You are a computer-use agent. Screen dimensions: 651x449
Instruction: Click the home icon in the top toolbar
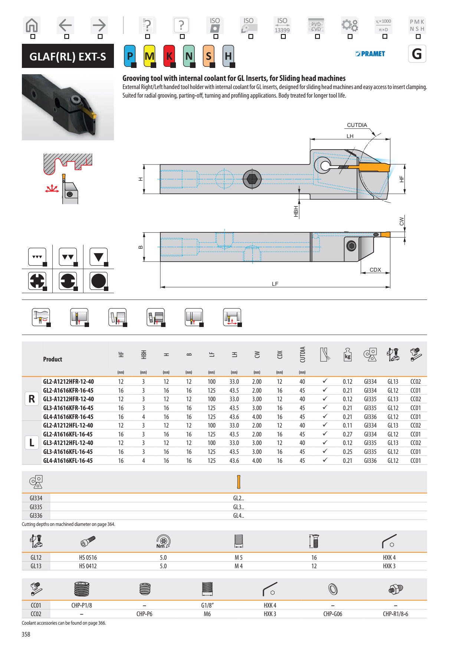(x=32, y=26)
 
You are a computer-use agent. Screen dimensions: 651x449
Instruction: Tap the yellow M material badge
(x=149, y=56)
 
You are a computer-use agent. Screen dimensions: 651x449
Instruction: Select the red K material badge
(x=169, y=56)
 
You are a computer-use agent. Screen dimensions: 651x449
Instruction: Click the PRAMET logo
(x=370, y=54)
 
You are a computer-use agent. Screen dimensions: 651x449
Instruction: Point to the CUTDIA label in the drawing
(x=357, y=125)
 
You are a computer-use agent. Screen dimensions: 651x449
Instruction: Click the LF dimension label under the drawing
(x=275, y=284)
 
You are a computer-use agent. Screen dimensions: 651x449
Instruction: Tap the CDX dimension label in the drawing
(x=375, y=270)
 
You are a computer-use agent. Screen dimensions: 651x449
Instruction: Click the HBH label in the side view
(x=296, y=211)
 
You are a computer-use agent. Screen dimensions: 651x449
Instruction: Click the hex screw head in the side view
(x=252, y=179)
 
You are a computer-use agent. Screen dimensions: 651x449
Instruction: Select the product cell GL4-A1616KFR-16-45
(x=68, y=417)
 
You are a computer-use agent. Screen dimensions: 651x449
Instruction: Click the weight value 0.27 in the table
(x=347, y=434)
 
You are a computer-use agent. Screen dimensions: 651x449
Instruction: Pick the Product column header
(x=53, y=359)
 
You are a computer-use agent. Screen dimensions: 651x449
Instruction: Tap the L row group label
(x=32, y=443)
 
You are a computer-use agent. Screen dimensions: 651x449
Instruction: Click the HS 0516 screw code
(x=88, y=557)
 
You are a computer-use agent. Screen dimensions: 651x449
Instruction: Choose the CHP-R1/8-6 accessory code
(x=395, y=614)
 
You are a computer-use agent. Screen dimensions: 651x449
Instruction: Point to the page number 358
(x=26, y=634)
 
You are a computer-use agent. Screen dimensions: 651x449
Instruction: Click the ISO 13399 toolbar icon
(x=282, y=26)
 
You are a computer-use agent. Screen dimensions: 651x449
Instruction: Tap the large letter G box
(x=417, y=54)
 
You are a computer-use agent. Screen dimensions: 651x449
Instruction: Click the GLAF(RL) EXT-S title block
(x=68, y=56)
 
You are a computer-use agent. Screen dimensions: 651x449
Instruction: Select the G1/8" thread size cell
(x=207, y=605)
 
